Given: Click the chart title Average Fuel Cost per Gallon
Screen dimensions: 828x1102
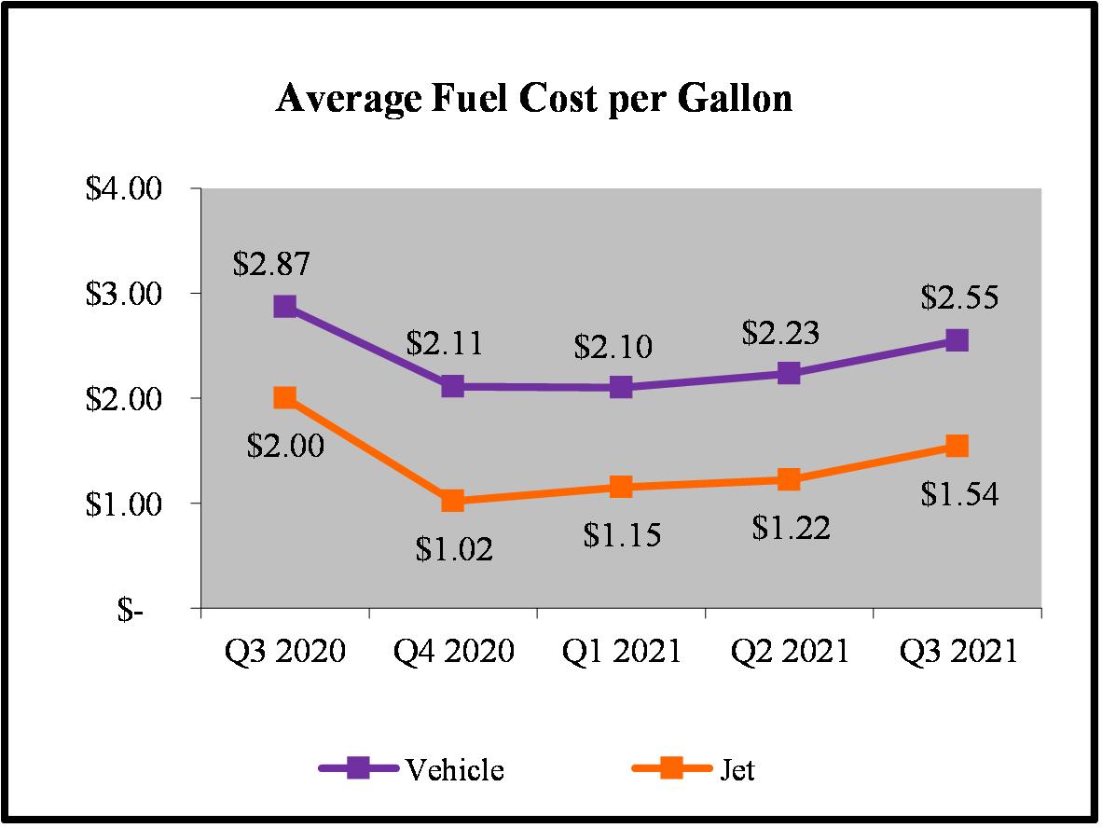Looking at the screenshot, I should coord(534,98).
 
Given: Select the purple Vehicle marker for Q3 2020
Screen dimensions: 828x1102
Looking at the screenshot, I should coord(285,307).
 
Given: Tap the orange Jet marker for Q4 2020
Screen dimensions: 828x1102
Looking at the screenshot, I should coord(453,501).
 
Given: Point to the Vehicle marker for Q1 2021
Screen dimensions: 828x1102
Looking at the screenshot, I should coord(621,387).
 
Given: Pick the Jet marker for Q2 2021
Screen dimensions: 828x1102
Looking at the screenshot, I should coord(789,479).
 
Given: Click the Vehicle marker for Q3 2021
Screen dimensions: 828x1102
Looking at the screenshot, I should coord(957,340).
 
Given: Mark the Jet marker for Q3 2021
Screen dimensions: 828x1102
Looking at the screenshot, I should coord(957,446).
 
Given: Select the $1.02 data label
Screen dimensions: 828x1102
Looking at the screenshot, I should coord(454,548).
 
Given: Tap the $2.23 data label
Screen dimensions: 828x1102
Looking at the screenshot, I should coord(780,333).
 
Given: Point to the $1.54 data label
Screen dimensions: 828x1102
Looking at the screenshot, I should coord(959,493).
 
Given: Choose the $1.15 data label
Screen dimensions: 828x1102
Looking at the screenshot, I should coord(622,535).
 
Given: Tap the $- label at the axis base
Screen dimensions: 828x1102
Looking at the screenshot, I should coord(131,610).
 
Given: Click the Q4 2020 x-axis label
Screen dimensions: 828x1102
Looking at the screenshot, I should coord(453,651).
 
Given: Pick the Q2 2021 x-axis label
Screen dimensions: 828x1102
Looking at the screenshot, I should coord(789,651).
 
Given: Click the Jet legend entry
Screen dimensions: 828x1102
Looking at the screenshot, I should coord(694,770).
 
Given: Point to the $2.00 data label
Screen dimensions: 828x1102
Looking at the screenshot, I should coord(285,446).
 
